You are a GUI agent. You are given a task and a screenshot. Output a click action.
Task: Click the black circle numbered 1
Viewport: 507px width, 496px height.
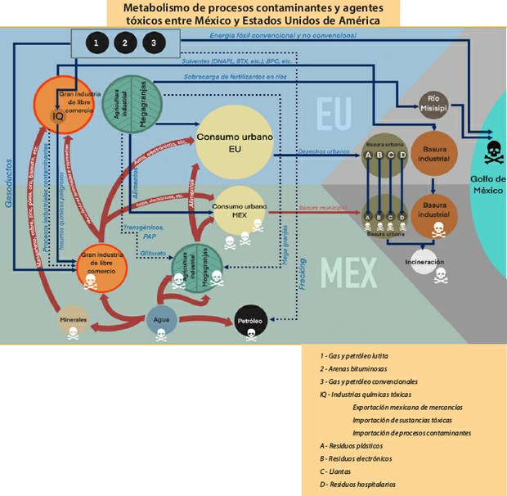[97, 43]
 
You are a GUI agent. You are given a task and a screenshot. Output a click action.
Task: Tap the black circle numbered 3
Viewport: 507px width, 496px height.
[151, 43]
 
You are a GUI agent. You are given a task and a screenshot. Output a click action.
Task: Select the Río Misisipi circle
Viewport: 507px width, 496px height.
[433, 104]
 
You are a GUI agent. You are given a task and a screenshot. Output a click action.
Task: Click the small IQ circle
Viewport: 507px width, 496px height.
[58, 117]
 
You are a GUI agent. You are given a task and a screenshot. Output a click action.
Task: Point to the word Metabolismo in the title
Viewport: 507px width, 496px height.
[160, 7]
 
